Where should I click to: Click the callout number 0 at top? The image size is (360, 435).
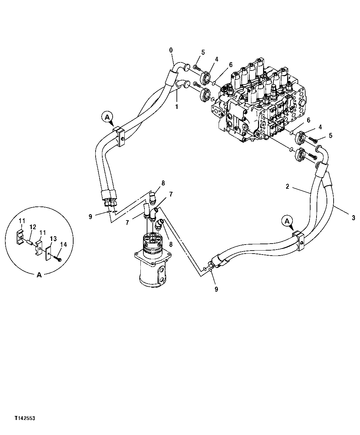[171, 50]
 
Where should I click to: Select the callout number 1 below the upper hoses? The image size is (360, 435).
[177, 107]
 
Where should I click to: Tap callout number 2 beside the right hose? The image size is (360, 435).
[287, 186]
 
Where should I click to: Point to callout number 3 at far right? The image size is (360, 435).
[354, 218]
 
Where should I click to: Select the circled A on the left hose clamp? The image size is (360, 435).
[107, 117]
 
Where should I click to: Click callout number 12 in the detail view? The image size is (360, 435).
[33, 227]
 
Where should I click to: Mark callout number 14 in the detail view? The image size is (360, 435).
[63, 245]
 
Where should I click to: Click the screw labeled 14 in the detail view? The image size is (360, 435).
[58, 259]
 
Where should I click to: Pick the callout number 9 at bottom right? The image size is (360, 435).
[216, 289]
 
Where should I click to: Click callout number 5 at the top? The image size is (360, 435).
[203, 52]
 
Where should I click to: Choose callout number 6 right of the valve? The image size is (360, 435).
[309, 120]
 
